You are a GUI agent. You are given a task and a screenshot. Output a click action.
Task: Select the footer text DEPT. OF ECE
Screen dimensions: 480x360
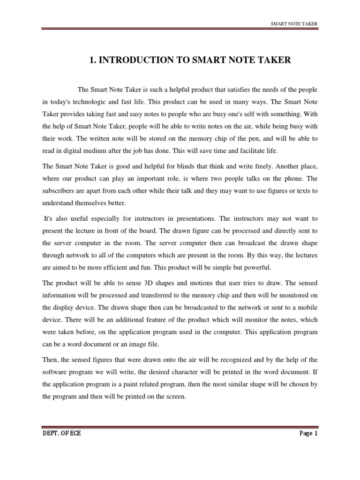click(x=61, y=434)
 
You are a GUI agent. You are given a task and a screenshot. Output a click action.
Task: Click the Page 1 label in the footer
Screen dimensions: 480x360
click(x=308, y=434)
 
